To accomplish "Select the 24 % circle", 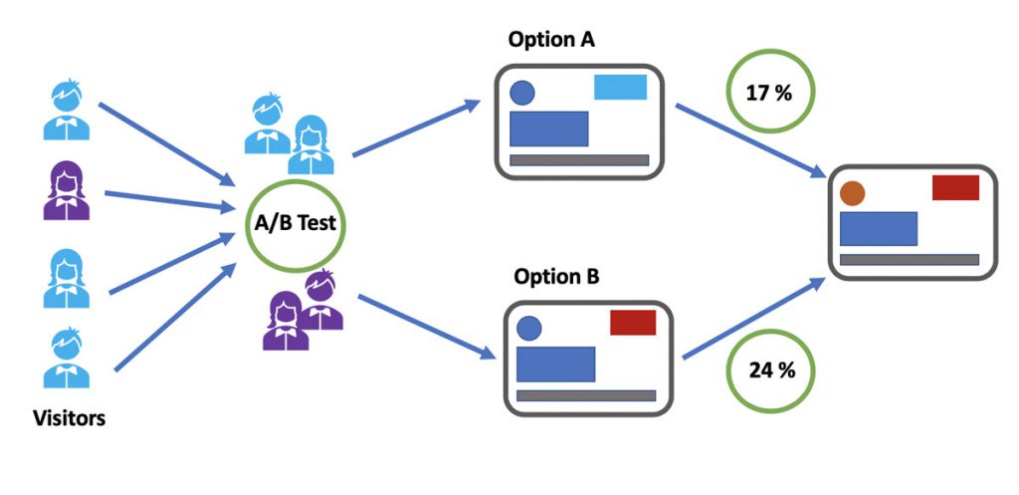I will tap(771, 371).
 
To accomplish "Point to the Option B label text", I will tap(556, 276).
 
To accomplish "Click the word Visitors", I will tap(68, 418).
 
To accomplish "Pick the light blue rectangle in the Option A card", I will tap(620, 88).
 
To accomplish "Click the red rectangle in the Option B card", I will tap(632, 323).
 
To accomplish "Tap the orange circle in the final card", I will tap(852, 193).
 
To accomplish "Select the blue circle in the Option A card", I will tap(522, 94).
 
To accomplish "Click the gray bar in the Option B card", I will tap(585, 395).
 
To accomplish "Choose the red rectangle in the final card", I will tap(955, 187).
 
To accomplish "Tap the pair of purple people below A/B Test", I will tap(304, 310).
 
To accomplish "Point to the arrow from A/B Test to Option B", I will tap(426, 326).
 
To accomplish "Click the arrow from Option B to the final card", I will tap(753, 317).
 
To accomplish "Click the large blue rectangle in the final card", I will tap(878, 229).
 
